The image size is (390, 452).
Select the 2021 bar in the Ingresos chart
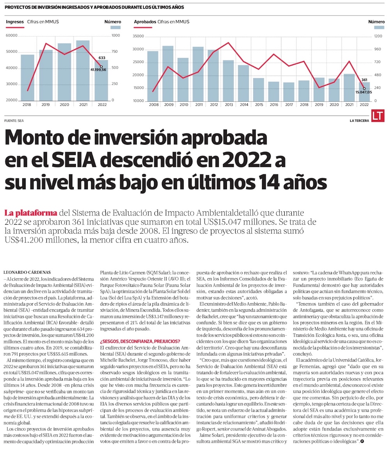(x=83, y=70)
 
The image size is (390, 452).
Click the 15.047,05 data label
(x=363, y=92)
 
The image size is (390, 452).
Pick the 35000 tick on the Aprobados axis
(x=139, y=36)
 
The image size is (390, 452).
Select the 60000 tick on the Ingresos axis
(x=12, y=35)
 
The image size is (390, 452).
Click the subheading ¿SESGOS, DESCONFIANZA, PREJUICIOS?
(x=140, y=341)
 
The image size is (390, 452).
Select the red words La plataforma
(x=31, y=213)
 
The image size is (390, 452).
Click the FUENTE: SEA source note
(x=14, y=121)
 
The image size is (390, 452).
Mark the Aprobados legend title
(x=145, y=22)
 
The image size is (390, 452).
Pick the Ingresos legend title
(x=15, y=22)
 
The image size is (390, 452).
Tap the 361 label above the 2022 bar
(x=364, y=79)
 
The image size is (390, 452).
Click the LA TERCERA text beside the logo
(x=359, y=121)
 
